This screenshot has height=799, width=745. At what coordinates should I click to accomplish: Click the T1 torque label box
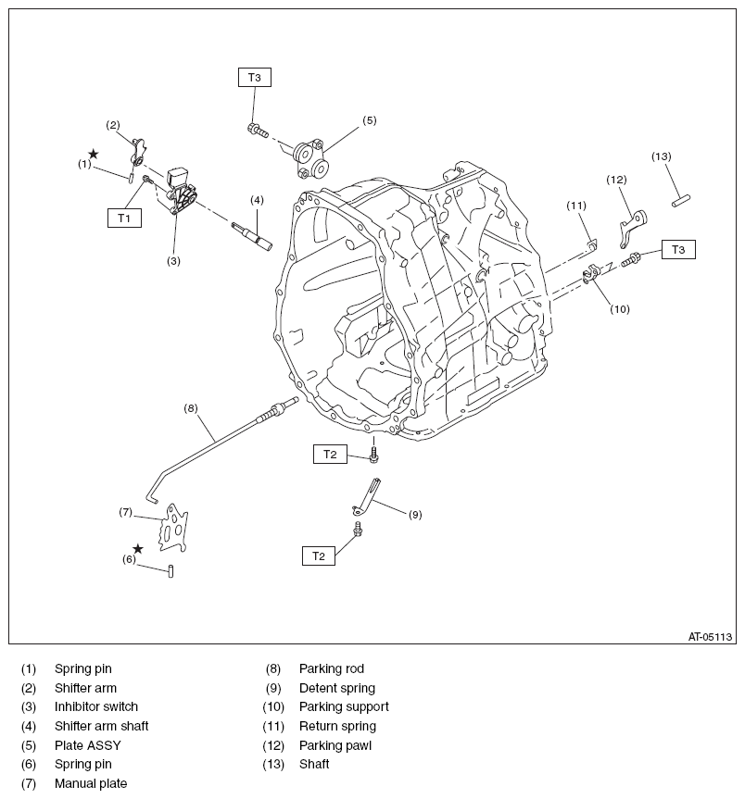pyautogui.click(x=124, y=218)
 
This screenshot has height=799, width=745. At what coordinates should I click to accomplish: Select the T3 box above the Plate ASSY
pyautogui.click(x=255, y=78)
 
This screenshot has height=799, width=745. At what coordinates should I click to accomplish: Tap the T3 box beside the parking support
pyautogui.click(x=678, y=249)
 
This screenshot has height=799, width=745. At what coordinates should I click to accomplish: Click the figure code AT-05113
pyautogui.click(x=710, y=636)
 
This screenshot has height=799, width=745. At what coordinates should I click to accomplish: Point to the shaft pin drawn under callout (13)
pyautogui.click(x=684, y=197)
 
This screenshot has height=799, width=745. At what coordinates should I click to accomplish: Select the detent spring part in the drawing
pyautogui.click(x=368, y=496)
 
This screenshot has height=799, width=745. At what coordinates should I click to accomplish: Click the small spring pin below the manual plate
pyautogui.click(x=172, y=570)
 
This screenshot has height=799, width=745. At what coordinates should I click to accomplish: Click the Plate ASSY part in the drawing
pyautogui.click(x=310, y=158)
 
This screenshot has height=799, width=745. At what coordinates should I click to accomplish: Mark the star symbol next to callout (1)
pyautogui.click(x=93, y=154)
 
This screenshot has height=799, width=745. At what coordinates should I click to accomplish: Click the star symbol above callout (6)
pyautogui.click(x=138, y=548)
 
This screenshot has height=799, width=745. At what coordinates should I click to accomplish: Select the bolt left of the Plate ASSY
pyautogui.click(x=257, y=131)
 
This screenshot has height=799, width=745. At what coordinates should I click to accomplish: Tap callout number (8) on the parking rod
pyautogui.click(x=191, y=407)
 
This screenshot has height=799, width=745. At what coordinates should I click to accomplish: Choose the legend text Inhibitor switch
pyautogui.click(x=95, y=706)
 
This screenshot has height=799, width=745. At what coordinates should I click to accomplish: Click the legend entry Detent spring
pyautogui.click(x=336, y=688)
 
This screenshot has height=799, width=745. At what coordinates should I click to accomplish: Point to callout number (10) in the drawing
pyautogui.click(x=620, y=309)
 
